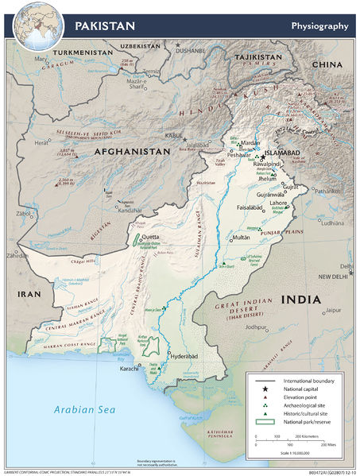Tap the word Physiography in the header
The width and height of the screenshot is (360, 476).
pos(319,25)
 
